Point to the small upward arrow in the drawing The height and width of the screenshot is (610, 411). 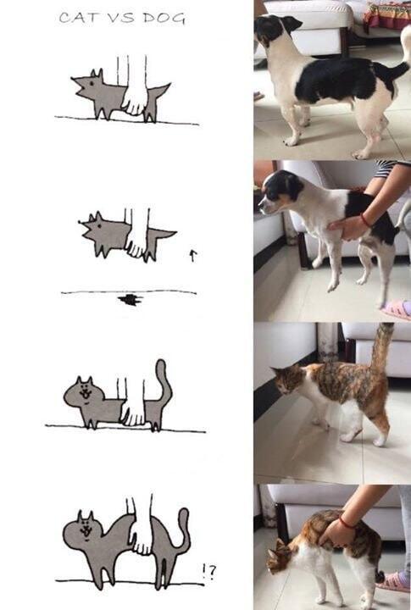192,255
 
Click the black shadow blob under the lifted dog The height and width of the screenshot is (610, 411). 131,300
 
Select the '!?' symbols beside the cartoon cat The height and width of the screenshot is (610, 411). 208,571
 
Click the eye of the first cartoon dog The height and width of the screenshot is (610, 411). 91,83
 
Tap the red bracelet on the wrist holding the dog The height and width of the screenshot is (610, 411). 365,219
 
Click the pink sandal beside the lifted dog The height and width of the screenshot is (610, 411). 397,310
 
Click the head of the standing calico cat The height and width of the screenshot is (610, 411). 288,380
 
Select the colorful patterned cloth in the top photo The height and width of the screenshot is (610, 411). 387,14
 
